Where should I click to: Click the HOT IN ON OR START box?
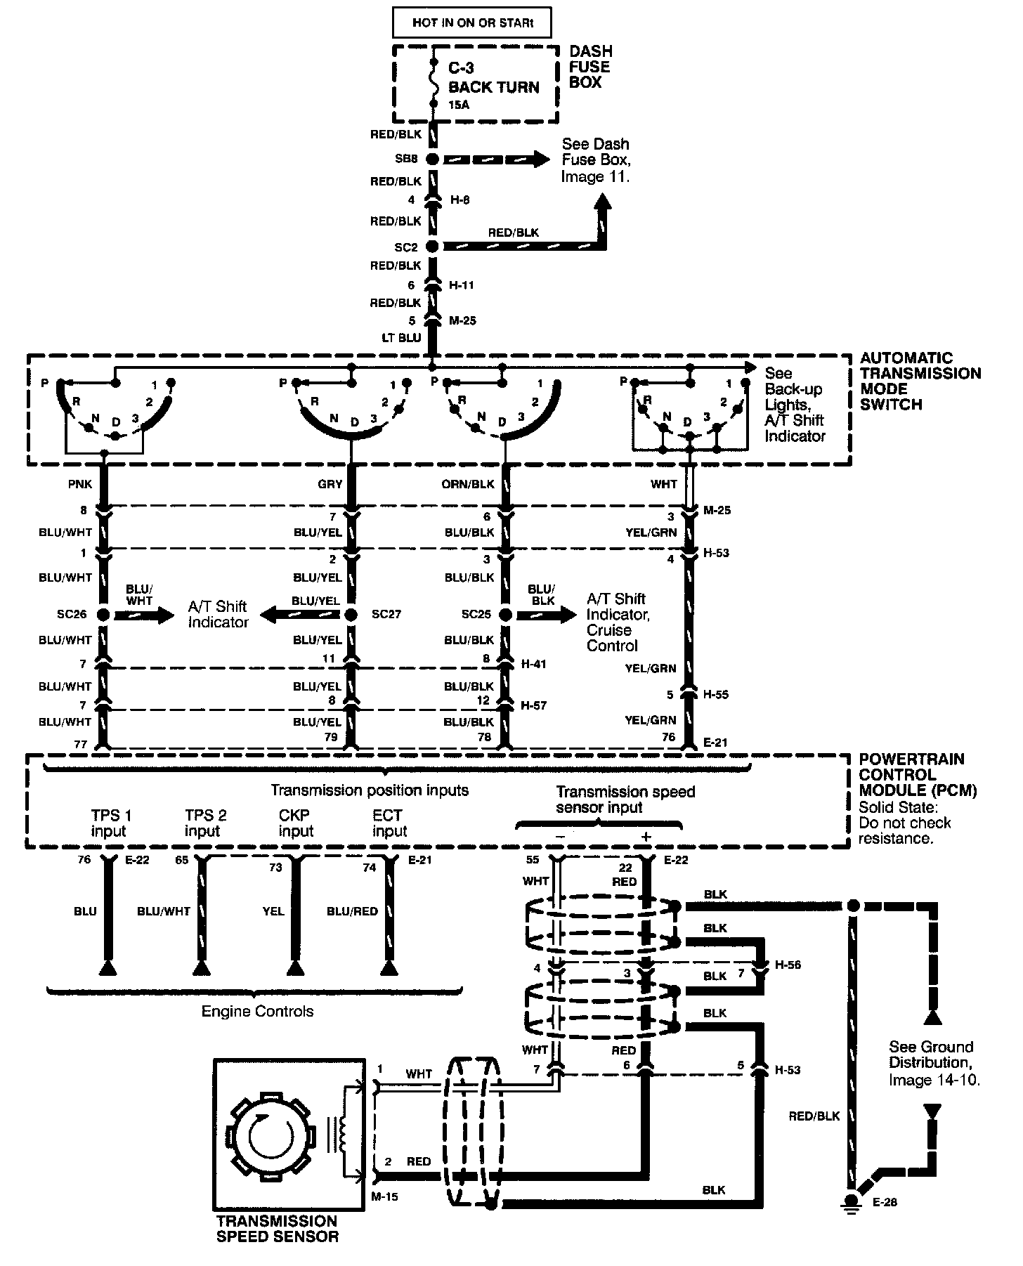coord(471,22)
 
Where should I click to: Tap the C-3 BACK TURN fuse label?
coord(493,79)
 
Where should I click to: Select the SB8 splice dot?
coord(433,159)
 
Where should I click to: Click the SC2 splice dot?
coord(433,247)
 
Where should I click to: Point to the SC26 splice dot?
coord(103,615)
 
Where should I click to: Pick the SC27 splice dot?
coord(352,615)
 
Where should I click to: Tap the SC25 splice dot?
coord(504,615)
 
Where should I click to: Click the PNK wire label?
coord(82,484)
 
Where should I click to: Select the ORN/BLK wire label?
coord(469,484)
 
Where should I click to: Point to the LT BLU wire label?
coord(401,337)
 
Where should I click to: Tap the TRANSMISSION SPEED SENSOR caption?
coord(277,1229)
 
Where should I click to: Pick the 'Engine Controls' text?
coord(257,1011)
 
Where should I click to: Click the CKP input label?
coord(296,823)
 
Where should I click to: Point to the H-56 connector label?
coord(788,965)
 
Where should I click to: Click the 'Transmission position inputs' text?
coord(370,790)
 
